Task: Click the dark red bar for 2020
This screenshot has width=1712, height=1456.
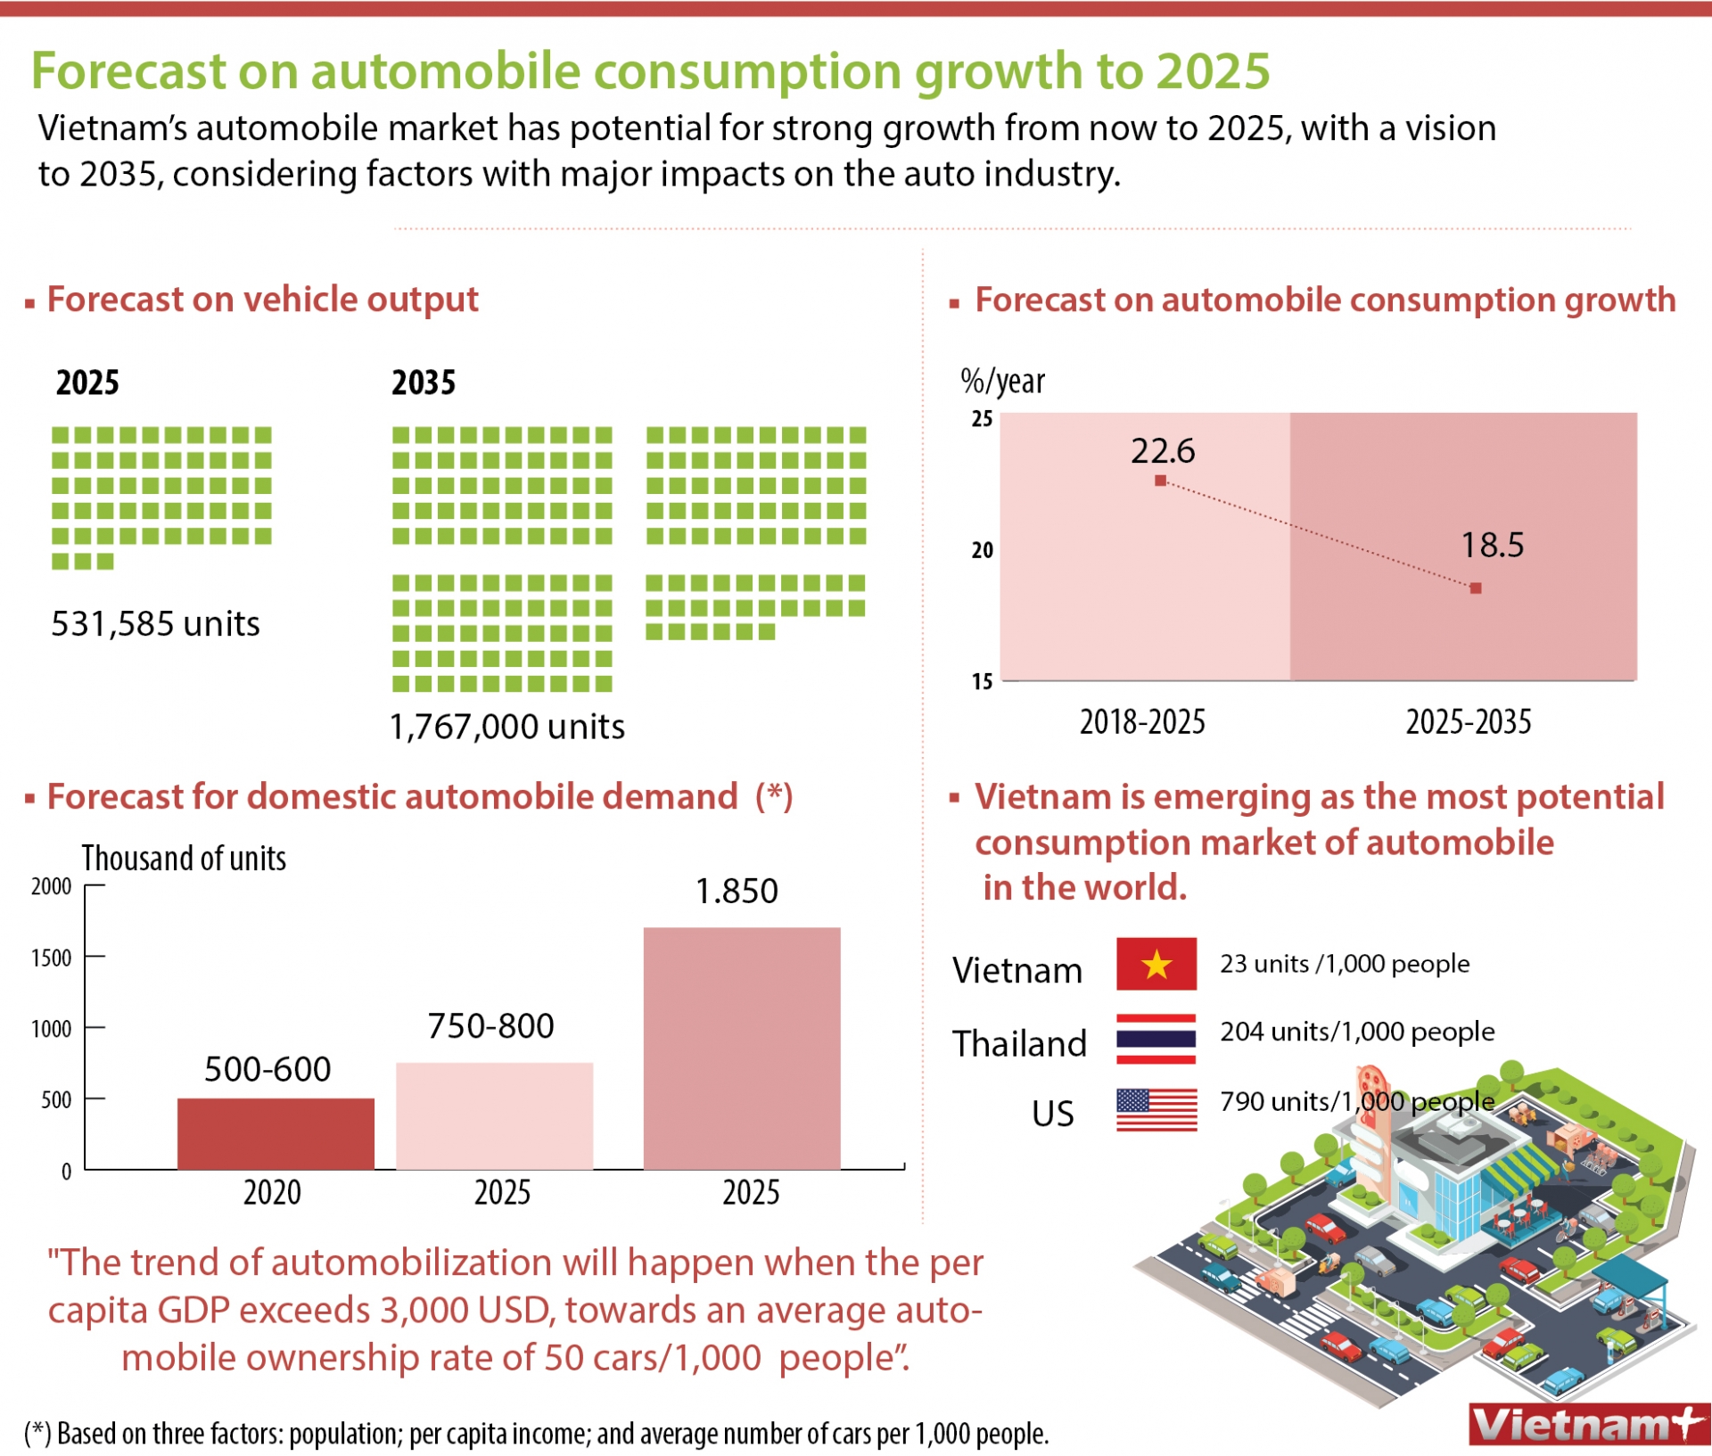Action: coord(276,1133)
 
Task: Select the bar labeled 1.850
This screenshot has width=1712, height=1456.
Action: coord(741,1048)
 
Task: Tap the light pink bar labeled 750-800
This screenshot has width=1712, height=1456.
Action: coord(494,1115)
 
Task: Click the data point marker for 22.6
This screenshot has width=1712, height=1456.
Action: coord(1160,481)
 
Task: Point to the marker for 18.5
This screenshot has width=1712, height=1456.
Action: coord(1476,588)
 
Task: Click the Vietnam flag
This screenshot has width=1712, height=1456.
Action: coord(1156,964)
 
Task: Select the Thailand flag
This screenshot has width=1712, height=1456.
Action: coord(1156,1039)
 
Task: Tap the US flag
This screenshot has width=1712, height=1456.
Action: coord(1156,1110)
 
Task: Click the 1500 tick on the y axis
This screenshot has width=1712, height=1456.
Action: coord(52,958)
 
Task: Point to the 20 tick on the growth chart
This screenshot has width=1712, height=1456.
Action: coord(982,550)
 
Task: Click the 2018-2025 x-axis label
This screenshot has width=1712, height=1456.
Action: coord(1142,721)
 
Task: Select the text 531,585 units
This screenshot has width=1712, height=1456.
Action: coord(155,623)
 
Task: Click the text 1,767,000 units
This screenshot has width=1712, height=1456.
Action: coord(506,727)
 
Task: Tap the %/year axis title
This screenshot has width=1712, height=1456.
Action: coord(1001,382)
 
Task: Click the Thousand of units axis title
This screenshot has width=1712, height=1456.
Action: coord(184,858)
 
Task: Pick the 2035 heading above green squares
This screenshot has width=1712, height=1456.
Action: coord(424,383)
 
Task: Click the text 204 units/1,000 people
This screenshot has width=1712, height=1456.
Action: coord(1356,1032)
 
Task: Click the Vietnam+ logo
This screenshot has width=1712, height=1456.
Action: coord(1588,1425)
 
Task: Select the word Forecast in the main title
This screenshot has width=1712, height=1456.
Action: coord(128,70)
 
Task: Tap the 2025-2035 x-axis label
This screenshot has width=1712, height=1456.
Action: coord(1468,721)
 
